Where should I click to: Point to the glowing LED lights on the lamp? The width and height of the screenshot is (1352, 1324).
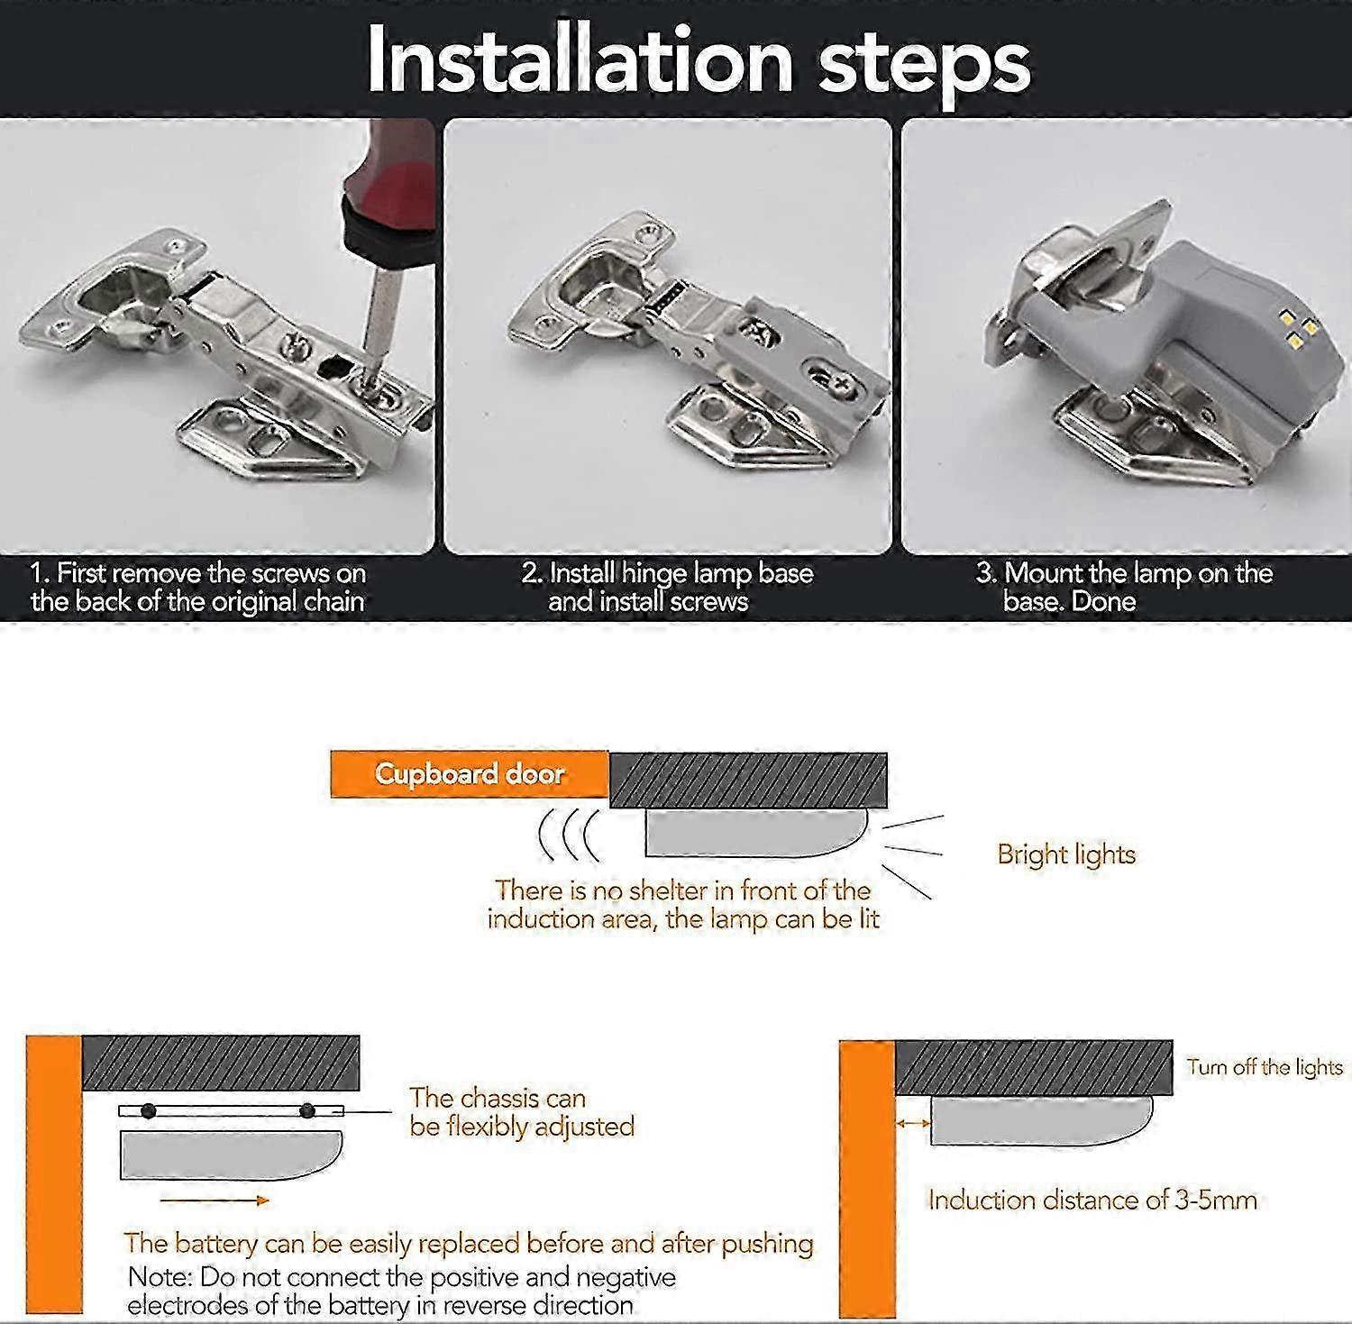point(1295,329)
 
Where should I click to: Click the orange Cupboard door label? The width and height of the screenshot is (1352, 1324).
point(470,774)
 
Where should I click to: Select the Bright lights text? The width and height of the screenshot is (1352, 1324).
point(1066,854)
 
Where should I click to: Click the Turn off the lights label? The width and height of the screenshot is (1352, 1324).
point(1265,1067)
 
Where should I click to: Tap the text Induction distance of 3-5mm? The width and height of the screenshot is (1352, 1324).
point(1092,1200)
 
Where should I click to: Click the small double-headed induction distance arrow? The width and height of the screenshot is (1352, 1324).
point(913,1122)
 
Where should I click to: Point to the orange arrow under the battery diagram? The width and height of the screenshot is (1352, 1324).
point(215,1200)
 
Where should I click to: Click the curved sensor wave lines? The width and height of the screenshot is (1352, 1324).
point(568,835)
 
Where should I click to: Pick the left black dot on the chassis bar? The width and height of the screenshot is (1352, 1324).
point(149,1111)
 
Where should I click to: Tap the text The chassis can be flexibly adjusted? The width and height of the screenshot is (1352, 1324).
point(522,1112)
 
